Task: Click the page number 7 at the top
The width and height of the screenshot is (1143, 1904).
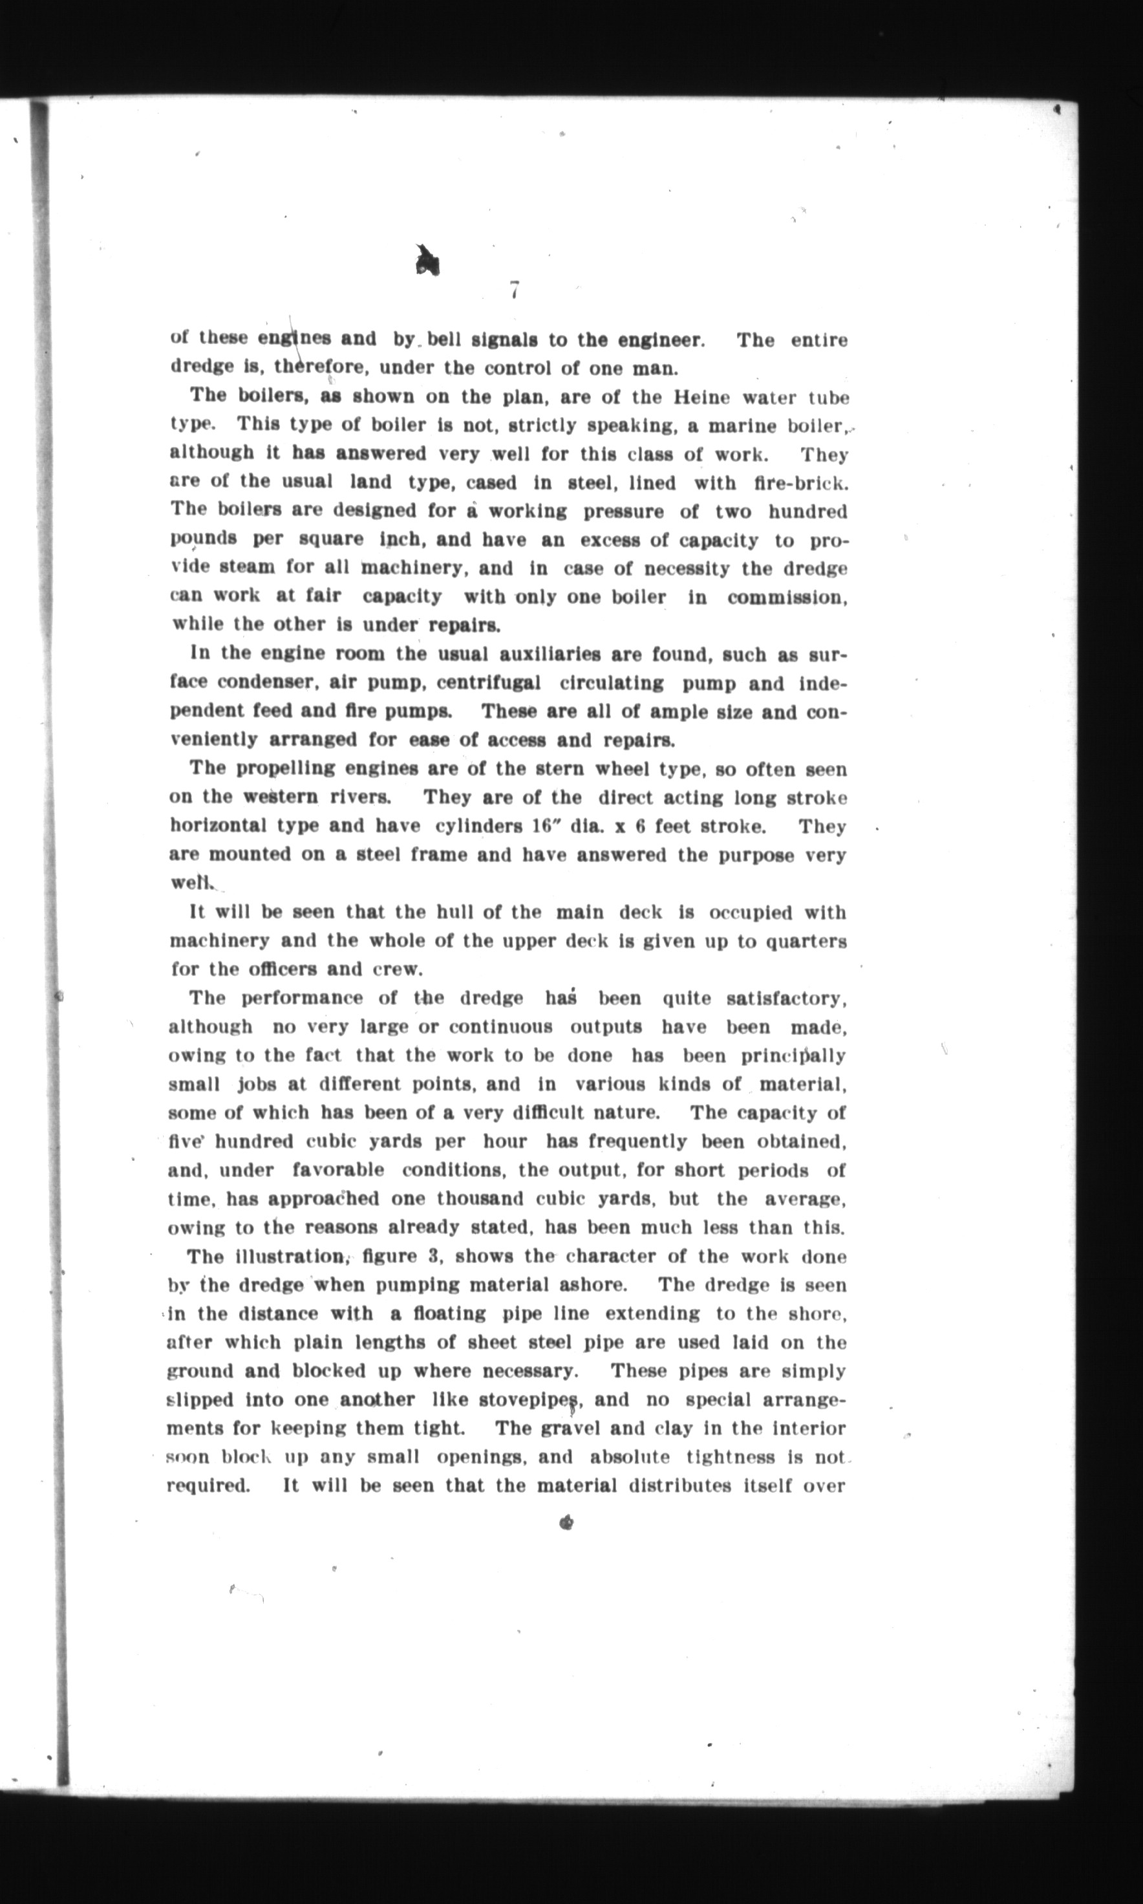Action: coord(514,291)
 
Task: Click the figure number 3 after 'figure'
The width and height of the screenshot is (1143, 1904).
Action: coord(434,1256)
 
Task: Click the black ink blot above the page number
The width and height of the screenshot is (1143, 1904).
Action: coord(426,261)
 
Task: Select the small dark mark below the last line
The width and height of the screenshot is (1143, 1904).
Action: coord(567,1522)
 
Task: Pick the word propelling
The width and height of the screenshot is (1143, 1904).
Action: coord(285,768)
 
